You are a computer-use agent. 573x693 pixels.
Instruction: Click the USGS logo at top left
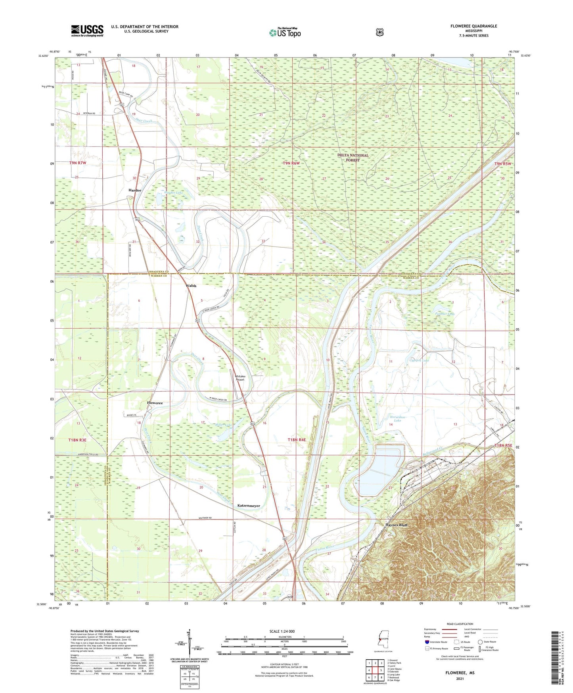[87, 31]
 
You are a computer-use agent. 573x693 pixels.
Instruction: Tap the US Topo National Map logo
[285, 32]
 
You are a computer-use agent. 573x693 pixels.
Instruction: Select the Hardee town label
[135, 190]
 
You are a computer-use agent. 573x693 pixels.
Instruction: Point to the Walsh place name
[191, 286]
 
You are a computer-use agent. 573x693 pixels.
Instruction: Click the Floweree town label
[155, 403]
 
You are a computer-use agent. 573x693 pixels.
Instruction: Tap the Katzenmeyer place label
[249, 506]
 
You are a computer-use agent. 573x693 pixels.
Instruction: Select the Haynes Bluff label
[396, 525]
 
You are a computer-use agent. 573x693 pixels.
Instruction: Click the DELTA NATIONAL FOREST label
[353, 158]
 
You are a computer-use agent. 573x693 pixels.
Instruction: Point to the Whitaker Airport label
[240, 378]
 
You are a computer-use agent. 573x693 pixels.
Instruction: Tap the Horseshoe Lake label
[397, 418]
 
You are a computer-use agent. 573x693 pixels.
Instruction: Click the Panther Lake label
[445, 314]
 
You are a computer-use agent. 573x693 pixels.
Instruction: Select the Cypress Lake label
[419, 360]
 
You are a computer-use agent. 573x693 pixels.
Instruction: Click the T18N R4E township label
[297, 440]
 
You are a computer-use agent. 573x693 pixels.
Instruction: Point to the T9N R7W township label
[78, 163]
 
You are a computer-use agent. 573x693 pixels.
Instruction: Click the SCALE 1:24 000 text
[282, 631]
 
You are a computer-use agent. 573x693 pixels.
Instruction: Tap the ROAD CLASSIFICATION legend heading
[460, 624]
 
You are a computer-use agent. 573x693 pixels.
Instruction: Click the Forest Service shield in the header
[379, 32]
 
